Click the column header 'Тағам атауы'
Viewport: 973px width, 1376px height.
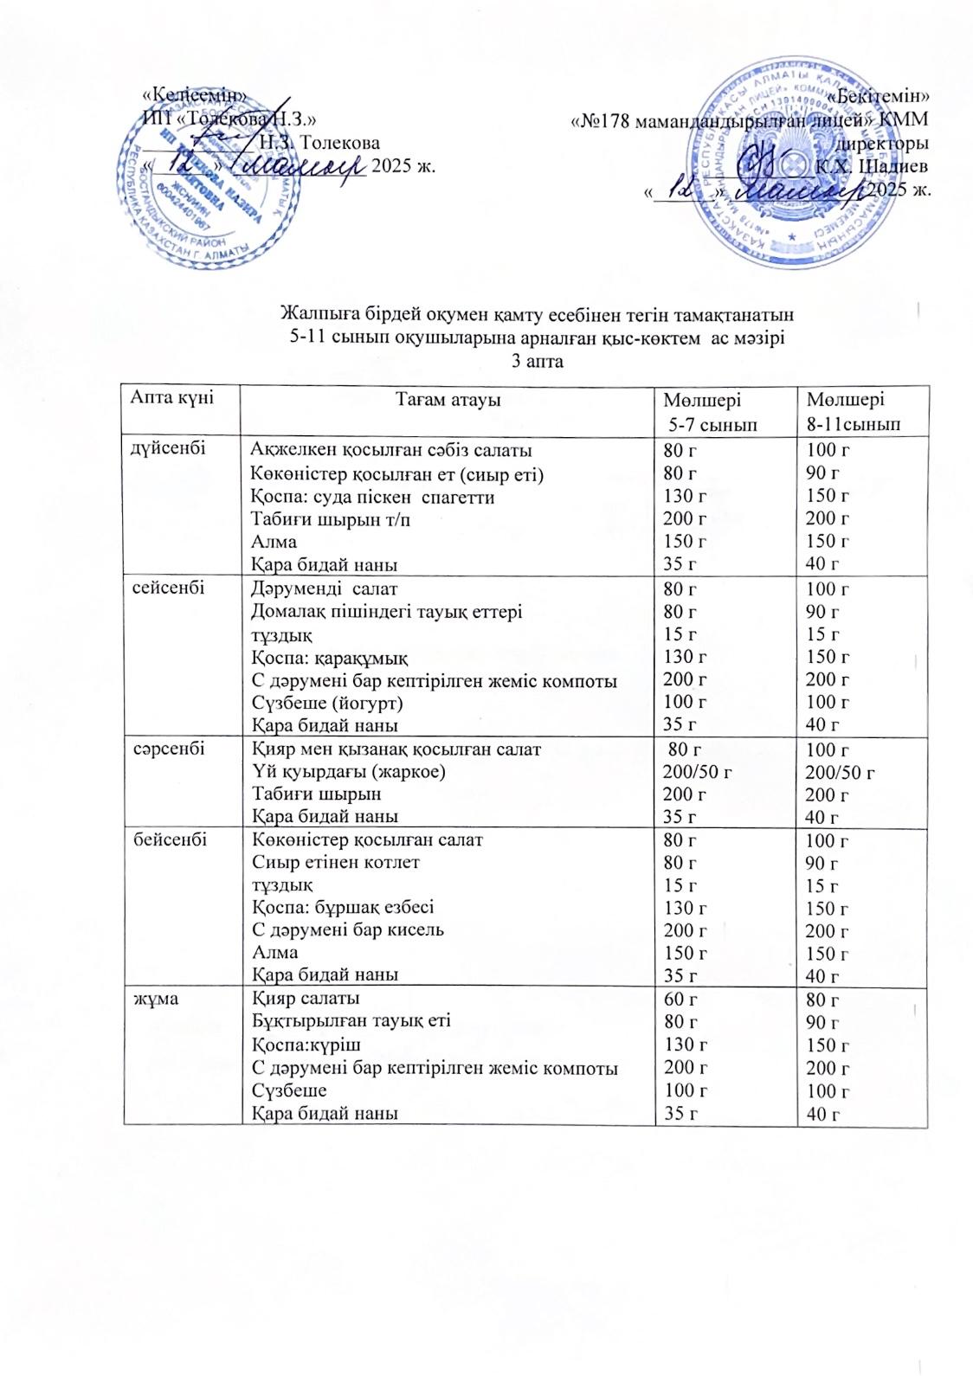coord(448,400)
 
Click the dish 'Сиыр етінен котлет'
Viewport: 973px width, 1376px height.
coord(335,862)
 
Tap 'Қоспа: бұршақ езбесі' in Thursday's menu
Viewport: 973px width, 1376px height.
coord(342,907)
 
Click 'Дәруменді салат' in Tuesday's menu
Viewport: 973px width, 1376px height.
coord(324,588)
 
